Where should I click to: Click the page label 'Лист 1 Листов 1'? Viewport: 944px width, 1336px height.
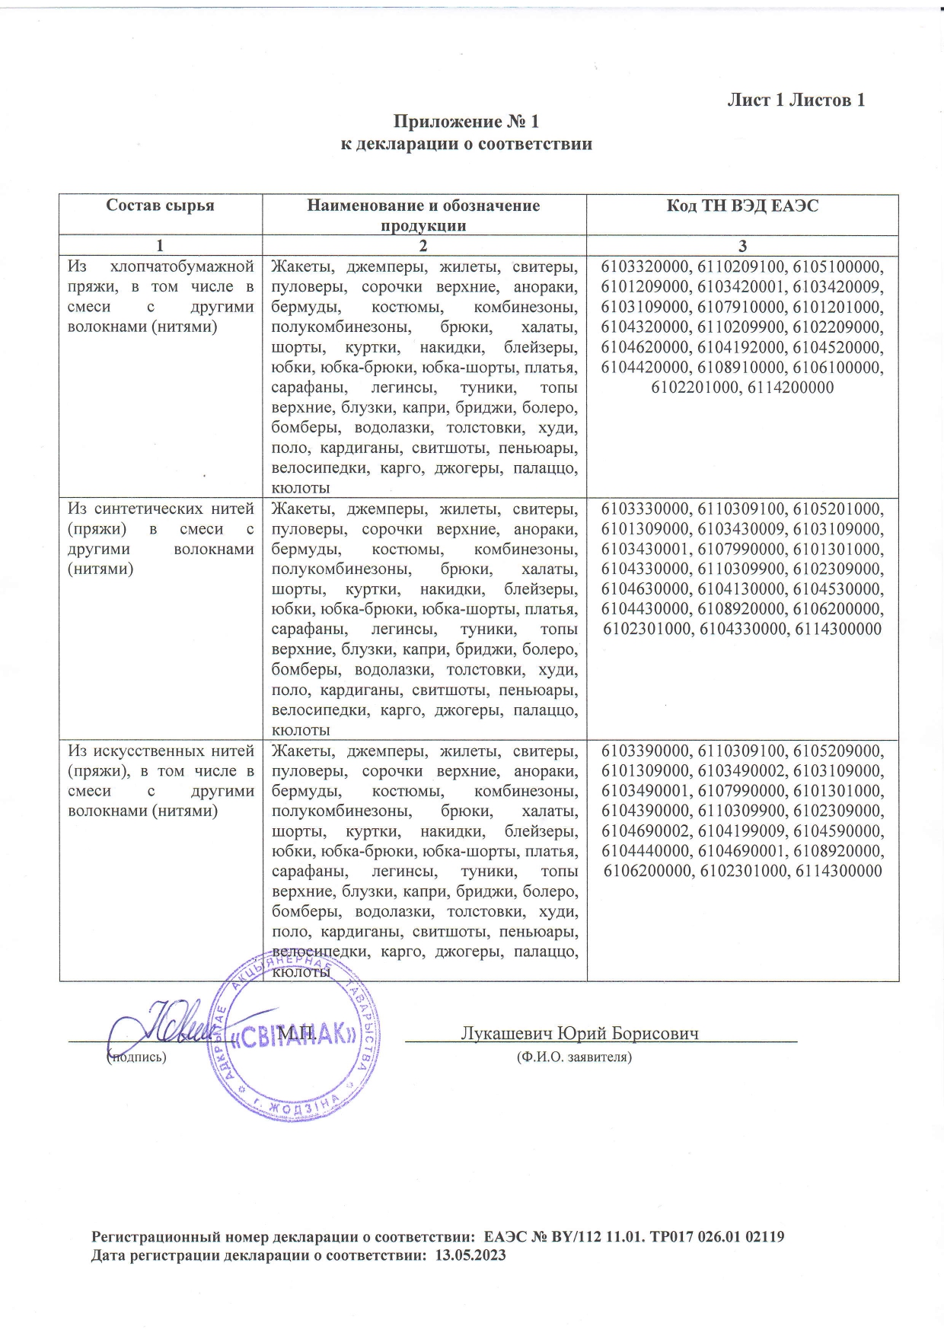tap(796, 100)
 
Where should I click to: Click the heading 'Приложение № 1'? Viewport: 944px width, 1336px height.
tap(465, 122)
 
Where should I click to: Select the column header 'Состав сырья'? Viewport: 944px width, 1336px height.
tap(160, 206)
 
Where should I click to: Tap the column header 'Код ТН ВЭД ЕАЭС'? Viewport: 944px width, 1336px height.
tap(742, 206)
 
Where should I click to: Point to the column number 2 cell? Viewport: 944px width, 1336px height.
tap(423, 246)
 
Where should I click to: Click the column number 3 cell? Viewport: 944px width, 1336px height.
tap(742, 246)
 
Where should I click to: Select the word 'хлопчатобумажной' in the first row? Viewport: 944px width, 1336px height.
tap(182, 267)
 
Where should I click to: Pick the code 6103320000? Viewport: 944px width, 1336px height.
tap(646, 267)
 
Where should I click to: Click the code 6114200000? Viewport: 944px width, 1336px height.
tap(790, 387)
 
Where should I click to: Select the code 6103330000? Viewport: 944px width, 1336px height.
tap(646, 509)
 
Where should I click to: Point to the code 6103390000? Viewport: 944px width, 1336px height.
tap(646, 751)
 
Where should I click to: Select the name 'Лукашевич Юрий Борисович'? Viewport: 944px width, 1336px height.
tap(579, 1033)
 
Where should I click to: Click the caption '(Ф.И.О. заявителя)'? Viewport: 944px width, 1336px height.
tap(574, 1057)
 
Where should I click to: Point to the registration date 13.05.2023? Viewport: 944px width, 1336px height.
tap(470, 1255)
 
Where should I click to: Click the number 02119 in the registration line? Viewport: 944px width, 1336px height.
tap(761, 1236)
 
